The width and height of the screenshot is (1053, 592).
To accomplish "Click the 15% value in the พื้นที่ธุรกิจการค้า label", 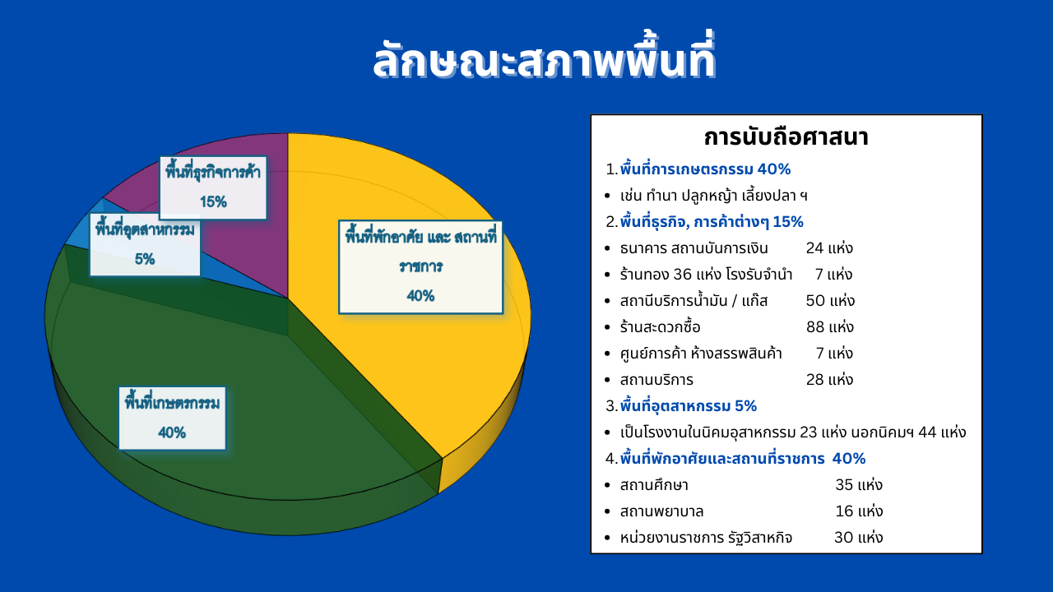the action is (x=213, y=202).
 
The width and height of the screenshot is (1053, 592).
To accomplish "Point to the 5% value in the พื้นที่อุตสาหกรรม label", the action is (x=145, y=259).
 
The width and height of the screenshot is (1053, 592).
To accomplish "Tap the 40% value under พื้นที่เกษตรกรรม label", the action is (x=172, y=432).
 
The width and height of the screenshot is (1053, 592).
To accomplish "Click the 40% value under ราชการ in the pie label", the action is (x=420, y=295).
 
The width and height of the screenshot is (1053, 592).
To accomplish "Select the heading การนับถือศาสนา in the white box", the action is (x=786, y=137).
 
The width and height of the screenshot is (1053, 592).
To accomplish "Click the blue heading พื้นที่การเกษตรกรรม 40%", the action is (x=705, y=169).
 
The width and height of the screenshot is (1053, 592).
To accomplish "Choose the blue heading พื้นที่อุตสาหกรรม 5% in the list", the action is (x=689, y=406).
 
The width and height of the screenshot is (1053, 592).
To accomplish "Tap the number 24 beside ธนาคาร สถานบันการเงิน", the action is (x=814, y=248).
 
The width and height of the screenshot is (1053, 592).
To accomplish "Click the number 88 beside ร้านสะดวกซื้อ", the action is (x=815, y=327).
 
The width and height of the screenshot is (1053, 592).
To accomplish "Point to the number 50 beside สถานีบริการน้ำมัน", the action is (x=815, y=301).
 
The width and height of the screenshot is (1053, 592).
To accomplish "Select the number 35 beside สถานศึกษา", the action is (x=844, y=485).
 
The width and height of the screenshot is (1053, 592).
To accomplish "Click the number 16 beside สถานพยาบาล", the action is (x=844, y=511).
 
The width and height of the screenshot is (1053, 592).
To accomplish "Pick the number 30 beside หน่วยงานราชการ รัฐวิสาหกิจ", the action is (x=844, y=538).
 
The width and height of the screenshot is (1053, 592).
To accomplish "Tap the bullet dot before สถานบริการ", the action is (x=608, y=380).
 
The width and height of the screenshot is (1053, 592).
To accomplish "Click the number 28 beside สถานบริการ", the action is (x=815, y=380).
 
